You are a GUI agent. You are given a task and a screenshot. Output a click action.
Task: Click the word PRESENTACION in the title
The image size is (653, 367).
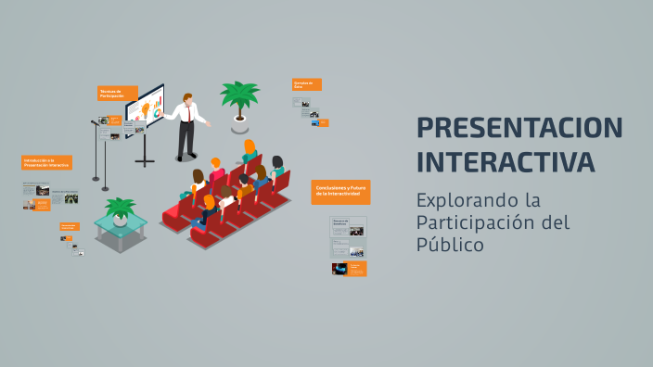(519, 128)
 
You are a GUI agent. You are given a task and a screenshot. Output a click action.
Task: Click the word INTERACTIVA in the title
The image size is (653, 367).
(506, 161)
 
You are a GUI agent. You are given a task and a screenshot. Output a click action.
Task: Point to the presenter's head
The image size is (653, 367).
(187, 97)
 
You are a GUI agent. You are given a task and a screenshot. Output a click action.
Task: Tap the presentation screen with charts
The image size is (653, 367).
(145, 108)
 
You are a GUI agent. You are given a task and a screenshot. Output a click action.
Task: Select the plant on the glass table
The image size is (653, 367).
(120, 209)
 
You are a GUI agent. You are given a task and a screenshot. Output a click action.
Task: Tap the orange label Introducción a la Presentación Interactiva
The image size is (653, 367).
(46, 162)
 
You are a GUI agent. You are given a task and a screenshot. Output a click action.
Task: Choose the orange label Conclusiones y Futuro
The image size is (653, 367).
(340, 191)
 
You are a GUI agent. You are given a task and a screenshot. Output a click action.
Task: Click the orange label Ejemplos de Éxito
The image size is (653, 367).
(307, 84)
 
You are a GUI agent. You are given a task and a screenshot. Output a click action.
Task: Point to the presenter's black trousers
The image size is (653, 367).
(186, 139)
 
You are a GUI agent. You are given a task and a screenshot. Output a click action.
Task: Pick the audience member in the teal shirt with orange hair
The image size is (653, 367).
(250, 151)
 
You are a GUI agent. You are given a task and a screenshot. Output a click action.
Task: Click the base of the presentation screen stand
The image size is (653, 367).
(145, 163)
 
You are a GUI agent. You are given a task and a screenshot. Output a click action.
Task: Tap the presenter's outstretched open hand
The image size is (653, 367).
(210, 122)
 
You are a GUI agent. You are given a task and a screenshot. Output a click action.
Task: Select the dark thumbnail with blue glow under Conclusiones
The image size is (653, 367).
(339, 269)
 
